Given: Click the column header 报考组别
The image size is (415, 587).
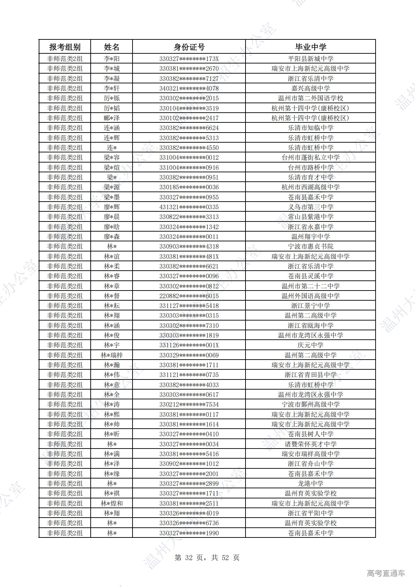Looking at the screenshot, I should pos(65,47).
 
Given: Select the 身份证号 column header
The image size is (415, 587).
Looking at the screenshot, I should pos(189,47).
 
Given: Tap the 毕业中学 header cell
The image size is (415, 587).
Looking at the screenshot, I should pos(310,47).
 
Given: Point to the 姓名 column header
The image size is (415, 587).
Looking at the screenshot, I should pos(112,47).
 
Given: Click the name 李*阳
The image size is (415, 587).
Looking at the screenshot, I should pos(112,59).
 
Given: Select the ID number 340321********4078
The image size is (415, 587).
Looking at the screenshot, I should pos(189,89).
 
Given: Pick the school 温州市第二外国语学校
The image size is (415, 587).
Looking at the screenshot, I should pos(310,98).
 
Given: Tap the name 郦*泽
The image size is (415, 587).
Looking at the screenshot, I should pos(112,118).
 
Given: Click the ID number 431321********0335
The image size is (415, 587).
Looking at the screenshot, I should pos(189,207).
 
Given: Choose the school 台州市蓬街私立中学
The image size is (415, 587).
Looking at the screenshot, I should pos(310,158).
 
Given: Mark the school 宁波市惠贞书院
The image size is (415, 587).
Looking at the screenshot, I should pos(310,247).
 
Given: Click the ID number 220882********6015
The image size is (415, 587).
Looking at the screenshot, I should pos(189,296).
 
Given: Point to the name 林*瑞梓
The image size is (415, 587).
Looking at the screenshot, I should pos(112,355).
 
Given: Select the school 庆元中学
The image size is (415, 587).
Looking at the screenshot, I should pos(310,345).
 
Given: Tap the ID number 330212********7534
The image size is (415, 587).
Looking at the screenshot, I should pos(189,405).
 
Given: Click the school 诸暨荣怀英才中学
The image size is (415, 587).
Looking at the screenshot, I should pos(310,444).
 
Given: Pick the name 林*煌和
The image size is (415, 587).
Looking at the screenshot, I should pos(112,504).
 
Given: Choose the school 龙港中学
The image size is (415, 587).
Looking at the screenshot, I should pos(310,484).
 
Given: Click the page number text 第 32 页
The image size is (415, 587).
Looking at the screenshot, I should pos(189,558).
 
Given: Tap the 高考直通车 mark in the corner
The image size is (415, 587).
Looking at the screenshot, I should pos(386,573).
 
